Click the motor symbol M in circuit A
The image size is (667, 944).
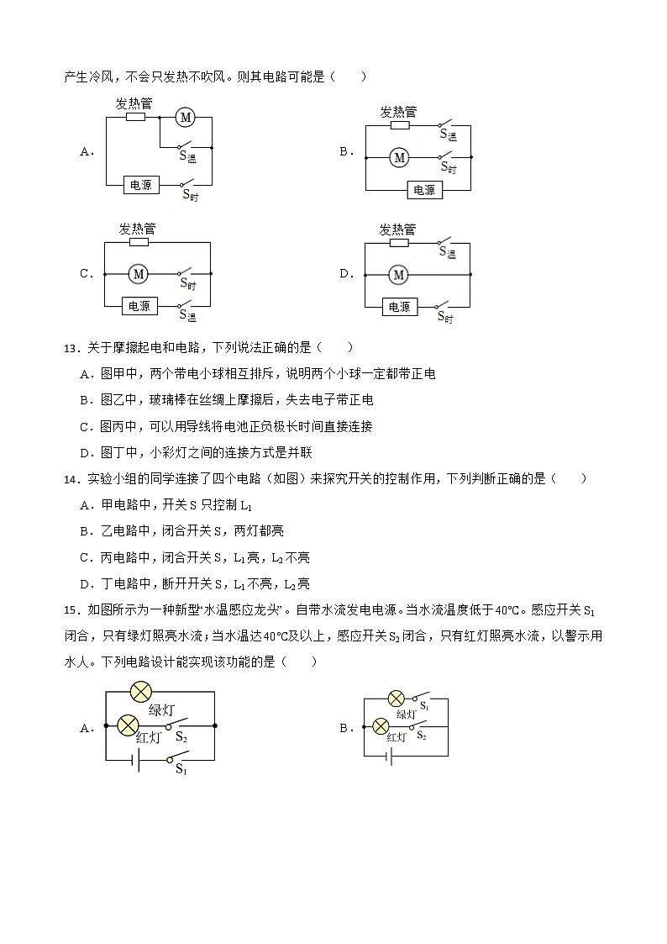click(185, 119)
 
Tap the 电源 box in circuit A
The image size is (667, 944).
click(140, 184)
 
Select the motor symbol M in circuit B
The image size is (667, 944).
click(400, 157)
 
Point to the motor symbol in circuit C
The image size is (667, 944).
click(138, 273)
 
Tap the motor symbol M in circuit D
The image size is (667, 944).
click(399, 274)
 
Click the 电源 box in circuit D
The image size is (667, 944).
click(400, 307)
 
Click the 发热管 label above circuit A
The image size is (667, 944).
click(134, 103)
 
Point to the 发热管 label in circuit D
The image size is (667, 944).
click(397, 229)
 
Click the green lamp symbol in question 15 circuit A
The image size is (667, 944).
click(140, 692)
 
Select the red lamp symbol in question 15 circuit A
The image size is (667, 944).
click(128, 725)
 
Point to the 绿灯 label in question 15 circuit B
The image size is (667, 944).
click(407, 715)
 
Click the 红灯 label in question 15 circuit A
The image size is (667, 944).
click(148, 739)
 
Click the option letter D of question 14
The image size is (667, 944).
click(84, 584)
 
